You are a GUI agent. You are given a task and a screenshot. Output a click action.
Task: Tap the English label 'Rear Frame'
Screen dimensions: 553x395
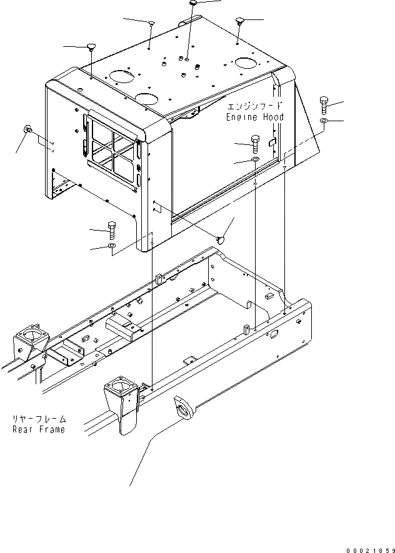(x=39, y=429)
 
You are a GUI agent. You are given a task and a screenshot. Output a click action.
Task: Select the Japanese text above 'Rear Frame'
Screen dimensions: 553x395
(x=39, y=419)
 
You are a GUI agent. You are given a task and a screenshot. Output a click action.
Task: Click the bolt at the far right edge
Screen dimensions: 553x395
(x=324, y=105)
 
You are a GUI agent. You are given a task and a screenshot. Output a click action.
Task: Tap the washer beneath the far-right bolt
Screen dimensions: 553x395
(x=323, y=120)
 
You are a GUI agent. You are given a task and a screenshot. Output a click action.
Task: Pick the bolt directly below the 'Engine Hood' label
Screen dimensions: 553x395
(x=254, y=143)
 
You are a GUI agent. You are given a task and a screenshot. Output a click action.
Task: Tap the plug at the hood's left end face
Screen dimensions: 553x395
(x=27, y=129)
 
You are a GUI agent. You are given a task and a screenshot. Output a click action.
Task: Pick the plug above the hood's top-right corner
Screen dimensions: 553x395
(x=240, y=22)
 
